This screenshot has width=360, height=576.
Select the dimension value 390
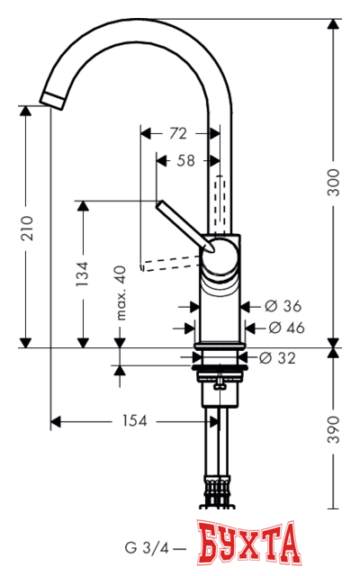click(334, 430)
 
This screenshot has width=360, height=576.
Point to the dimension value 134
click(82, 272)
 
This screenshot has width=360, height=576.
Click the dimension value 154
click(136, 421)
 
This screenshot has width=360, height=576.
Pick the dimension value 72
click(178, 133)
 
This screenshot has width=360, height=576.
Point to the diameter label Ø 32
click(277, 358)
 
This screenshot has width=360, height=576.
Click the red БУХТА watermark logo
click(248, 543)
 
